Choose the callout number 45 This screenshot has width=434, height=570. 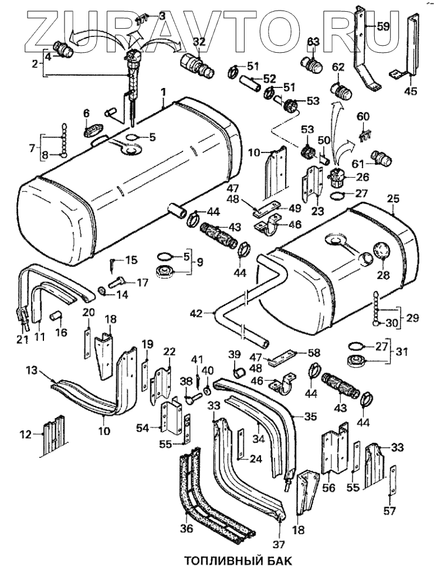(x=411, y=91)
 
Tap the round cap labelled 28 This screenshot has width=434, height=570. (x=380, y=252)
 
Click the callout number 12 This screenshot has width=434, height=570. (x=26, y=434)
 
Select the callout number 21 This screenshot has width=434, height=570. (x=22, y=338)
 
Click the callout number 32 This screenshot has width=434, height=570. (x=199, y=43)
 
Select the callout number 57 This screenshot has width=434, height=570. (x=389, y=511)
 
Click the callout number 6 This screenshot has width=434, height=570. (x=86, y=113)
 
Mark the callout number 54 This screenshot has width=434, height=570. (x=143, y=429)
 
